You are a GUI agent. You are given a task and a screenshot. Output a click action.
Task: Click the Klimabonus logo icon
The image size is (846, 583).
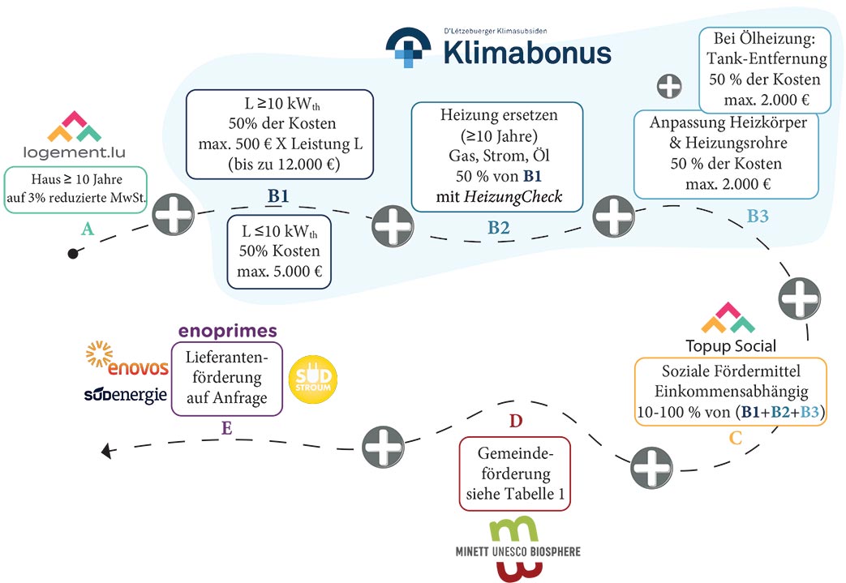coord(409,48)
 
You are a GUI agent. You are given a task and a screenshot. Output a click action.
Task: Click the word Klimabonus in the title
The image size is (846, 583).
coord(527,53)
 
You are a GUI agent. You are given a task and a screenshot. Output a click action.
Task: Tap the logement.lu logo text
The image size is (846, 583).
coord(75,152)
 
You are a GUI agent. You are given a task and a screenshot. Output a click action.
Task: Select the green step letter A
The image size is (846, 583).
coord(88,229)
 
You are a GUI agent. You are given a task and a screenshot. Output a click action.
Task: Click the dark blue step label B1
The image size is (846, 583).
coord(278,195)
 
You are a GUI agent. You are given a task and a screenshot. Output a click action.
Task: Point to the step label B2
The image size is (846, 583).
coord(499,228)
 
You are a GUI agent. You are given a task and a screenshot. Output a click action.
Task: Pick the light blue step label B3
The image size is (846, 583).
coord(758,216)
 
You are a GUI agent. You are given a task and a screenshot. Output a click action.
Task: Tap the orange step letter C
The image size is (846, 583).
coord(736,438)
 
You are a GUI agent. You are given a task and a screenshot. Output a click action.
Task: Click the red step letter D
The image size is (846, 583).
coord(516,421)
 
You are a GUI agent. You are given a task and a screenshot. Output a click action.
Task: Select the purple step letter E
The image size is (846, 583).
coord(226,428)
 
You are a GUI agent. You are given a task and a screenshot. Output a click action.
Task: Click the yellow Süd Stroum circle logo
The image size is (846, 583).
coord(313,379)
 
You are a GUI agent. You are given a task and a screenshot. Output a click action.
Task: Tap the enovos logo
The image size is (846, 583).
coord(127,358)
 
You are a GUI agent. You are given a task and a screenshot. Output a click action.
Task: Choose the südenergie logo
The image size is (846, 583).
coord(125,395)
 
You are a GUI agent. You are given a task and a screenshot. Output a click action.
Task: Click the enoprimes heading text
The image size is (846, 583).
coord(228,330)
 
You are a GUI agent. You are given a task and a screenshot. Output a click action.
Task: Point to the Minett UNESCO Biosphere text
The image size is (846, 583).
coord(518,551)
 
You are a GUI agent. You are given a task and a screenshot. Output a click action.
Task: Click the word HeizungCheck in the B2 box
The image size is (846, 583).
coord(513,197)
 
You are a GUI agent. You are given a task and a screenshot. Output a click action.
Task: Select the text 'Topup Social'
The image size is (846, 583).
coord(731,345)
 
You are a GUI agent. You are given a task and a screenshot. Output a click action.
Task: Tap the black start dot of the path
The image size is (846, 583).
coord(73,253)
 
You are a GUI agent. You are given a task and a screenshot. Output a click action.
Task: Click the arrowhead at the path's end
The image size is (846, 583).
coord(107,450)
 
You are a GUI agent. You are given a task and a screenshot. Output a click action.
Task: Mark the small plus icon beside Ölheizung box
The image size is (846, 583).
coord(669,86)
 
